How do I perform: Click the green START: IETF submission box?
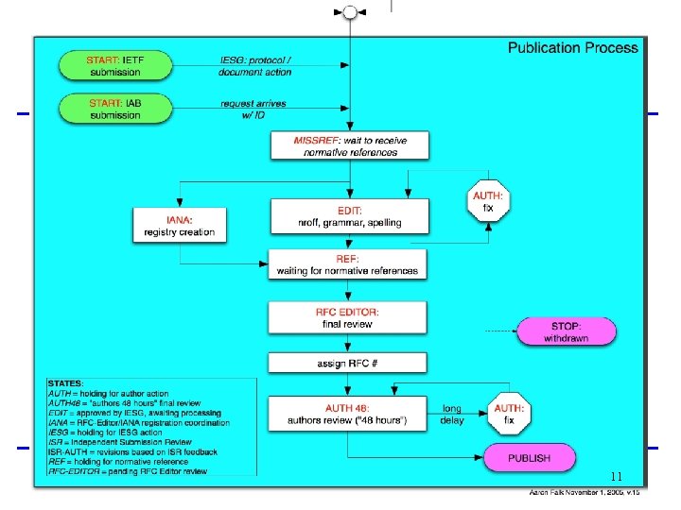click(x=115, y=65)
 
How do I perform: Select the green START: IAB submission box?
click(x=115, y=109)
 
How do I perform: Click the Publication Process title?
click(x=573, y=47)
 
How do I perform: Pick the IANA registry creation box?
click(x=180, y=225)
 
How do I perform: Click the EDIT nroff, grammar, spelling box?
click(x=349, y=216)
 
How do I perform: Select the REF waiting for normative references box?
click(x=347, y=264)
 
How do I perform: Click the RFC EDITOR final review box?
click(x=347, y=317)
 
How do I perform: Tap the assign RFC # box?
click(x=347, y=363)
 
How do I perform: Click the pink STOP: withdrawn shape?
click(x=566, y=331)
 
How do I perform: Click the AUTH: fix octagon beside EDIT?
click(x=488, y=201)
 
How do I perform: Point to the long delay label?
click(x=452, y=415)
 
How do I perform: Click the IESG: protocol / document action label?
click(x=254, y=65)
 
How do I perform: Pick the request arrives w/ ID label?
click(x=253, y=109)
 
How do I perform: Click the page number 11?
click(x=617, y=477)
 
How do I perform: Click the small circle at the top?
click(x=350, y=11)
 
